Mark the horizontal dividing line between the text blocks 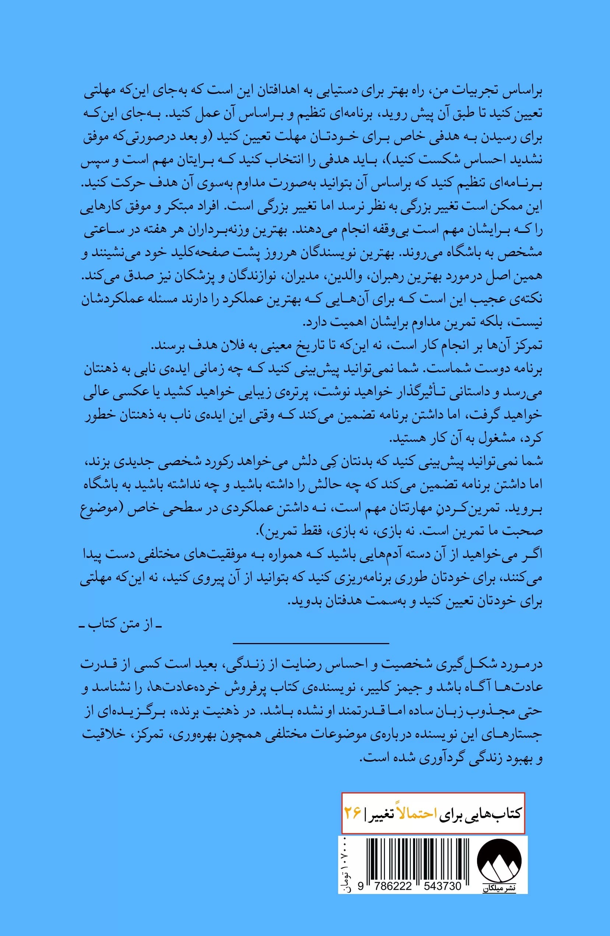click(x=311, y=643)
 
